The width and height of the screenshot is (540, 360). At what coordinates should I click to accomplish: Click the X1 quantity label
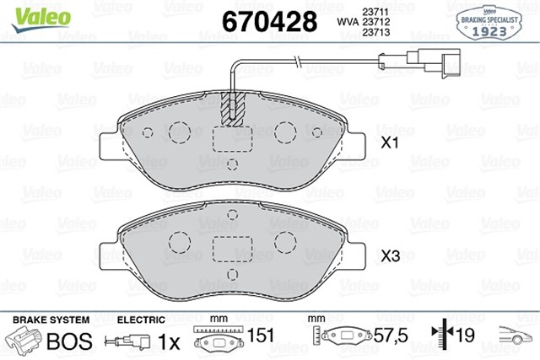(389, 144)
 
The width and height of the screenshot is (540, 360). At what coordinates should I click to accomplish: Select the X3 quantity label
(389, 255)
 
